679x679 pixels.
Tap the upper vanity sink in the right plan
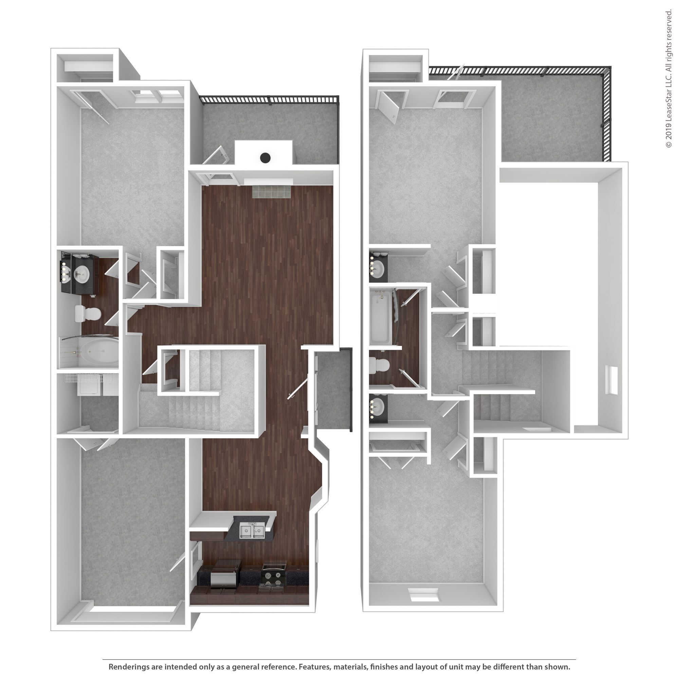[378, 269]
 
